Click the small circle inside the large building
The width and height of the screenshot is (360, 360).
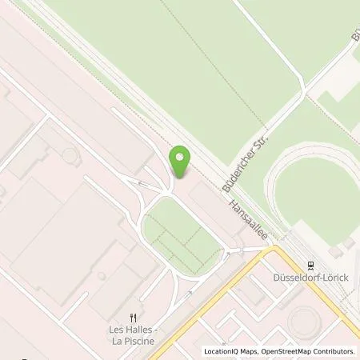click(x=70, y=154)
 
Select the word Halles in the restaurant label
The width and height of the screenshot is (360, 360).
click(x=139, y=328)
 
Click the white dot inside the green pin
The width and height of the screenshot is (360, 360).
click(x=180, y=157)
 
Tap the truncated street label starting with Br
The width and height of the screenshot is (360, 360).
click(x=355, y=36)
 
